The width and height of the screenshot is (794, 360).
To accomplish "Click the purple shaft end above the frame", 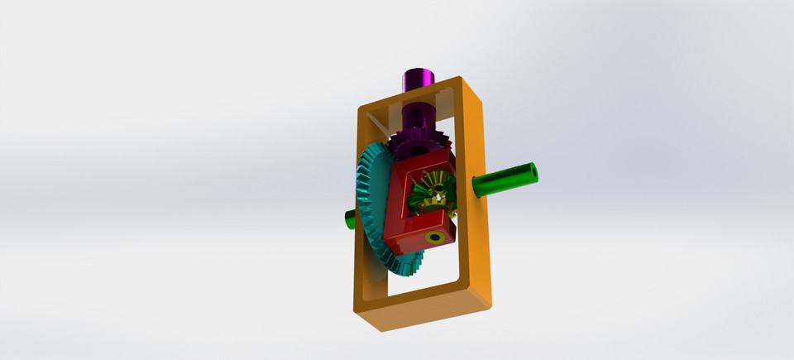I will click(419, 79).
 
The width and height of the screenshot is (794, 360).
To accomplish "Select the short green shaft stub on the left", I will click(350, 219).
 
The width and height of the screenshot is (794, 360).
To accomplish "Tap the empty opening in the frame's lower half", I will click(430, 269).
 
